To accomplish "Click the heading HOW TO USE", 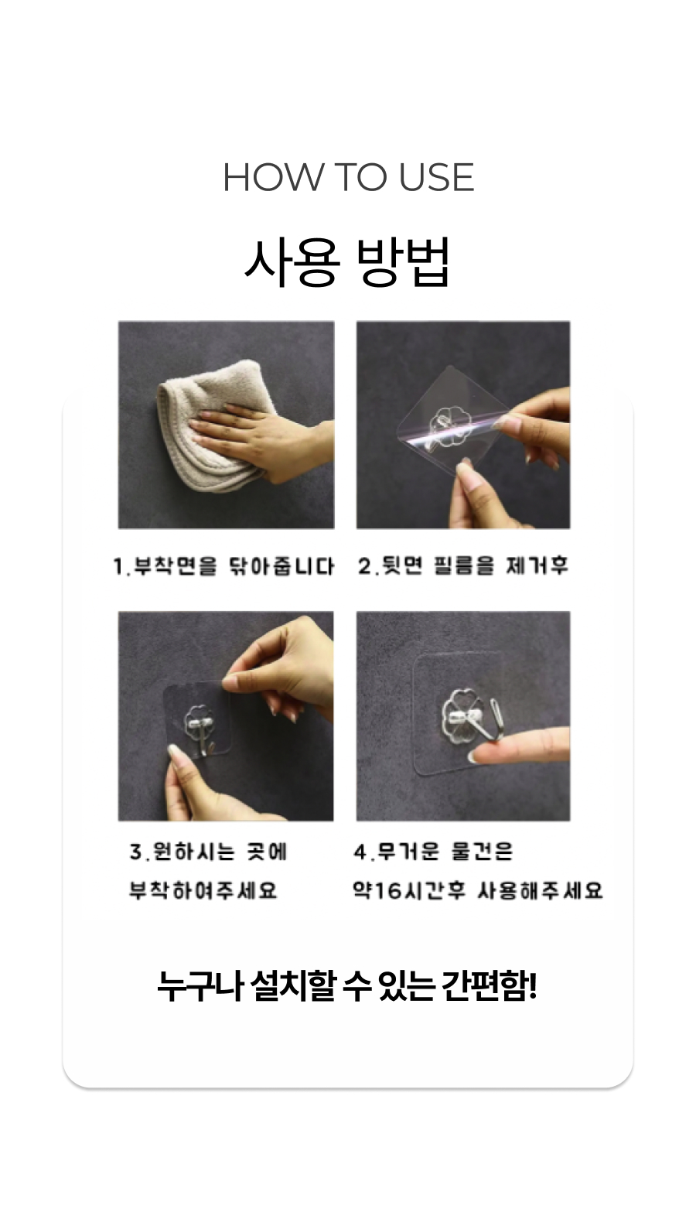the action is tap(348, 177).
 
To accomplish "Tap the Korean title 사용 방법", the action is tap(347, 261).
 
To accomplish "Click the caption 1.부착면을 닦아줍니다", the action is tap(223, 566).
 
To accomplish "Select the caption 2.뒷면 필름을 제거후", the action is tap(463, 565).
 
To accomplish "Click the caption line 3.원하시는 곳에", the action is tap(208, 852).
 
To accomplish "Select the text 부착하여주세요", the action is tap(203, 891).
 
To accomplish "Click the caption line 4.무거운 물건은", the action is tap(433, 852).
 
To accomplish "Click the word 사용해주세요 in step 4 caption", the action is tap(540, 891).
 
